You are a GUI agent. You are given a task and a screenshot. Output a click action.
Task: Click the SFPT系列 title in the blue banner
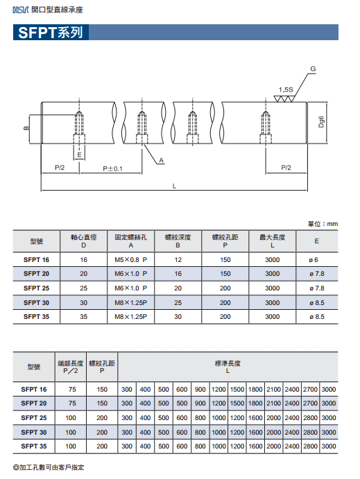click(x=51, y=33)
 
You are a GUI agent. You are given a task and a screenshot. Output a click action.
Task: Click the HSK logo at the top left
click(x=21, y=10)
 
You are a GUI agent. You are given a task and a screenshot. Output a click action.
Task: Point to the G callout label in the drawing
click(x=313, y=69)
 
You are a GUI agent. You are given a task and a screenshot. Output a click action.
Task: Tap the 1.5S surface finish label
click(x=286, y=90)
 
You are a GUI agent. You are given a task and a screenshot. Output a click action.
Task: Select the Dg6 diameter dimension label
click(x=321, y=122)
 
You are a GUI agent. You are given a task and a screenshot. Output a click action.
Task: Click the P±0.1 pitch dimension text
click(x=112, y=168)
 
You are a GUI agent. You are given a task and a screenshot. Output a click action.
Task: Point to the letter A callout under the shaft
click(x=162, y=160)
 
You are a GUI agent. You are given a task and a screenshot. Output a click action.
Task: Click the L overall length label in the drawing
click(x=174, y=186)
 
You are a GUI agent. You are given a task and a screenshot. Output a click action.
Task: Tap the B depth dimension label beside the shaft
click(x=26, y=128)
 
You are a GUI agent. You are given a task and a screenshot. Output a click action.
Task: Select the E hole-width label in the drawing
click(x=80, y=155)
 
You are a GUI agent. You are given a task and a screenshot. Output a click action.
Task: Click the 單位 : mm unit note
click(x=323, y=224)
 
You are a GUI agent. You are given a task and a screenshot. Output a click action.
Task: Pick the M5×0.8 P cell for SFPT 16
click(x=131, y=260)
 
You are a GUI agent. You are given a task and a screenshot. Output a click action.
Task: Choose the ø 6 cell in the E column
click(x=314, y=260)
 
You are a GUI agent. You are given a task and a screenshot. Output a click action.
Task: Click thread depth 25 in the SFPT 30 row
click(x=178, y=303)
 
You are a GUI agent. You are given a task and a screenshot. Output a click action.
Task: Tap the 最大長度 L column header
click(x=273, y=241)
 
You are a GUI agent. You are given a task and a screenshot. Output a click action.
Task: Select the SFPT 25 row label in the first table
click(x=36, y=288)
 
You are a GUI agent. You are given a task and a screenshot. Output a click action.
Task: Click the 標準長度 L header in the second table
click(x=228, y=367)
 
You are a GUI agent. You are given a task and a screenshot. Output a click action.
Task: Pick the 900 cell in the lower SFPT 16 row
click(x=200, y=389)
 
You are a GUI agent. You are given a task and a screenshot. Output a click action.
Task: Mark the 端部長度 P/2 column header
click(x=71, y=367)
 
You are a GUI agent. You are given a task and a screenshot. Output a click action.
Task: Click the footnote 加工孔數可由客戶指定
click(x=49, y=467)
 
